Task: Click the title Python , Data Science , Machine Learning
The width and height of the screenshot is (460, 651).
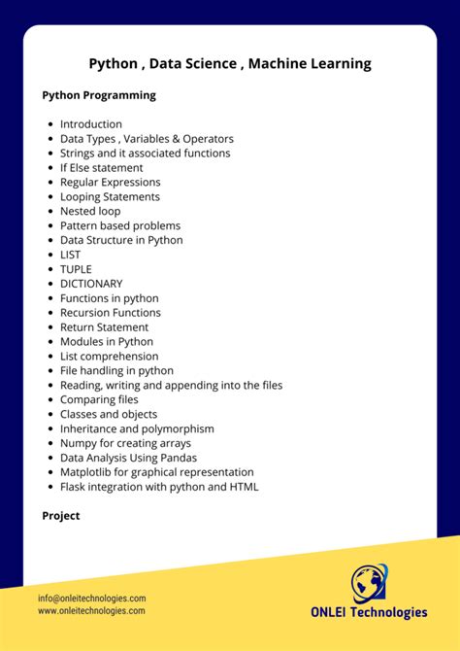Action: point(230,64)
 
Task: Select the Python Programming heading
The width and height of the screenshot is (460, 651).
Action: point(99,95)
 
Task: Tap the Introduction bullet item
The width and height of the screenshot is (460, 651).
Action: point(91,124)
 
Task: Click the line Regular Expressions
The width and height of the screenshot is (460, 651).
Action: point(111,182)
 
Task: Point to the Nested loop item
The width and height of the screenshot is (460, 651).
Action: point(90,211)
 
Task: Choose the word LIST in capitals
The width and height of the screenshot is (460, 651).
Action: point(71,255)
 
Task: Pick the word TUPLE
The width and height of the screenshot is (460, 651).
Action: point(76,269)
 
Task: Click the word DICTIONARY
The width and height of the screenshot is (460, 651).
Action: point(91,284)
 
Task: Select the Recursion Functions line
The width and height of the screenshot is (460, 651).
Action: point(110,313)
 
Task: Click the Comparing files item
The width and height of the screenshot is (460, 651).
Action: point(99,399)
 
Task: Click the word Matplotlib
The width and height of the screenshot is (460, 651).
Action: point(85,472)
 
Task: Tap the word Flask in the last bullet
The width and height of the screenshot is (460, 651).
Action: point(74,487)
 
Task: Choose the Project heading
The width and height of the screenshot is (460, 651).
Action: point(61,516)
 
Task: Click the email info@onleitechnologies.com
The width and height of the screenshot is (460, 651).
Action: point(92,599)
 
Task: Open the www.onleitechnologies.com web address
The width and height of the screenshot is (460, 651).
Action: point(92,611)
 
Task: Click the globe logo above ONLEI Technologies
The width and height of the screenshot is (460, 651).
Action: point(368,583)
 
